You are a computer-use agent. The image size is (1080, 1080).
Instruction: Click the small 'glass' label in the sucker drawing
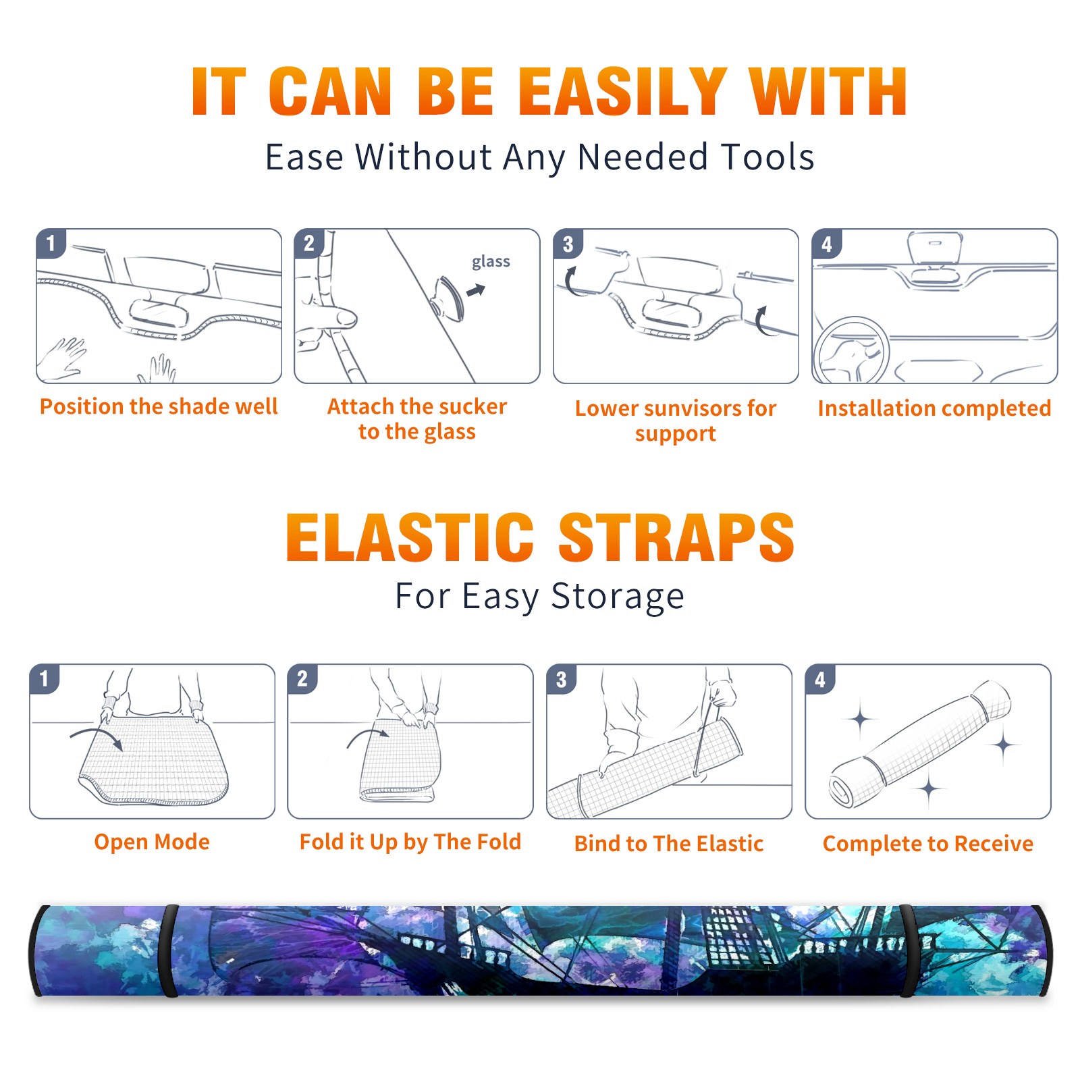491,262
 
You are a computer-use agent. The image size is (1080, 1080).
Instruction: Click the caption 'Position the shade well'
159,406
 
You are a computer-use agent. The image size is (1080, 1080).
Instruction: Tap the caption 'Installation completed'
934,408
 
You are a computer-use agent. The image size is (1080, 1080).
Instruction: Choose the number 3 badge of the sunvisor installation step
568,244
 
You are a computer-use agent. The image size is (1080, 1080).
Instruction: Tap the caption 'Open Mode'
152,842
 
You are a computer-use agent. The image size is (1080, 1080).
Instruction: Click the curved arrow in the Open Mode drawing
97,736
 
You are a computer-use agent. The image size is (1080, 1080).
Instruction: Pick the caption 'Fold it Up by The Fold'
410,842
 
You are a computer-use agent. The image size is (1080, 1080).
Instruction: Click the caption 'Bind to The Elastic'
669,844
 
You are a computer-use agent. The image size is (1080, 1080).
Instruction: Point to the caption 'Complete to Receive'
928,844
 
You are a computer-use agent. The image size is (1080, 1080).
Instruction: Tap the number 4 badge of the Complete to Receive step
820,679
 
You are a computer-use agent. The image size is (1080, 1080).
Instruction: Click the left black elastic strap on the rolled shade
169,950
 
